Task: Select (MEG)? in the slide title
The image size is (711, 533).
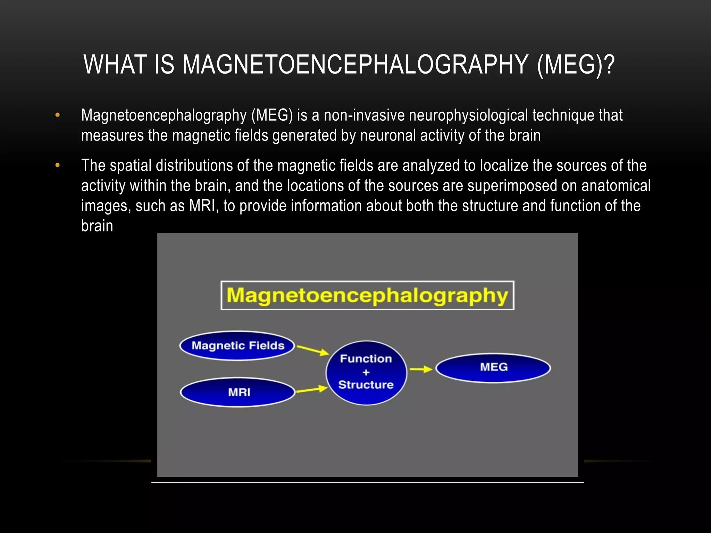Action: click(x=576, y=65)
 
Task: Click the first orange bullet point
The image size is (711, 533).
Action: click(x=58, y=115)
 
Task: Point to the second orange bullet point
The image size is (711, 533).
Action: click(x=58, y=165)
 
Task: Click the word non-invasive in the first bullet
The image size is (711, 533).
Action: click(x=364, y=115)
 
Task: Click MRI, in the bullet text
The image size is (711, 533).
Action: click(x=204, y=206)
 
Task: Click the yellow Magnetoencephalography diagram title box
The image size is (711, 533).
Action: click(x=367, y=295)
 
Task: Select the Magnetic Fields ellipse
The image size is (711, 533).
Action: click(x=237, y=346)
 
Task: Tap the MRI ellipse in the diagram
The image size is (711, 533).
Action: click(x=238, y=392)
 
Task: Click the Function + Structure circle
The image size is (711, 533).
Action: click(x=366, y=372)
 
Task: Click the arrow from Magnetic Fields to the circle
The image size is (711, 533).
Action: click(x=312, y=350)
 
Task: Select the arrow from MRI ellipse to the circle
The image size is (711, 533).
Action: click(x=312, y=390)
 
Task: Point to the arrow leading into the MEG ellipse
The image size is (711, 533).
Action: click(x=421, y=369)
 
